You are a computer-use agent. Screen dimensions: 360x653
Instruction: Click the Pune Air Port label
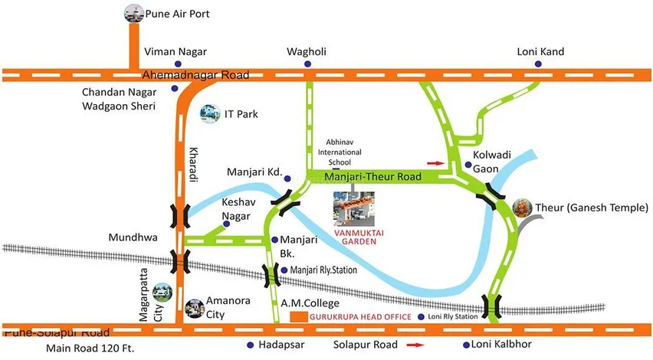[182, 14]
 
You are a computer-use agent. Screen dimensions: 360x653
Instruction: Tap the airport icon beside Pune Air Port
[133, 13]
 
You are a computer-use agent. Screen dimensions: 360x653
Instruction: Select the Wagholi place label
[307, 51]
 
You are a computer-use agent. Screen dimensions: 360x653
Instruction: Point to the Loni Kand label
[540, 51]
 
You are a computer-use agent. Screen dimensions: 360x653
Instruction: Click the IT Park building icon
[208, 114]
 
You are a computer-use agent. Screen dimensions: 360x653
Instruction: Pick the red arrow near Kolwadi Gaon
[435, 163]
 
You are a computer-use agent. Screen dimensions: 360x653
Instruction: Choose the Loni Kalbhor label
[512, 345]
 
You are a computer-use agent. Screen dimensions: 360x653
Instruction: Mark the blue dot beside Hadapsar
[250, 345]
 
